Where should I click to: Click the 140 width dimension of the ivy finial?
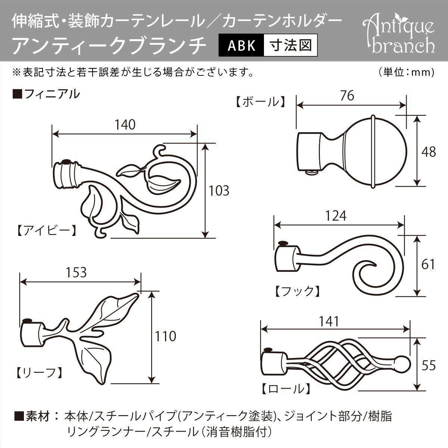coord(125,124)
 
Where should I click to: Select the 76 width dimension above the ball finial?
coord(347,96)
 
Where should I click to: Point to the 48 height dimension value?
coord(428,152)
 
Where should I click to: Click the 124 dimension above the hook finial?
coord(336,216)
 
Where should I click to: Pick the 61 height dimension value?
coord(428,264)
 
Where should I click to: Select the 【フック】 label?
coord(297,291)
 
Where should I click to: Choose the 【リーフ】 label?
coord(38,372)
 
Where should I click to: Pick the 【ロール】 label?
coord(285,390)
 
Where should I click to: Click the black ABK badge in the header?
coord(242,45)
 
